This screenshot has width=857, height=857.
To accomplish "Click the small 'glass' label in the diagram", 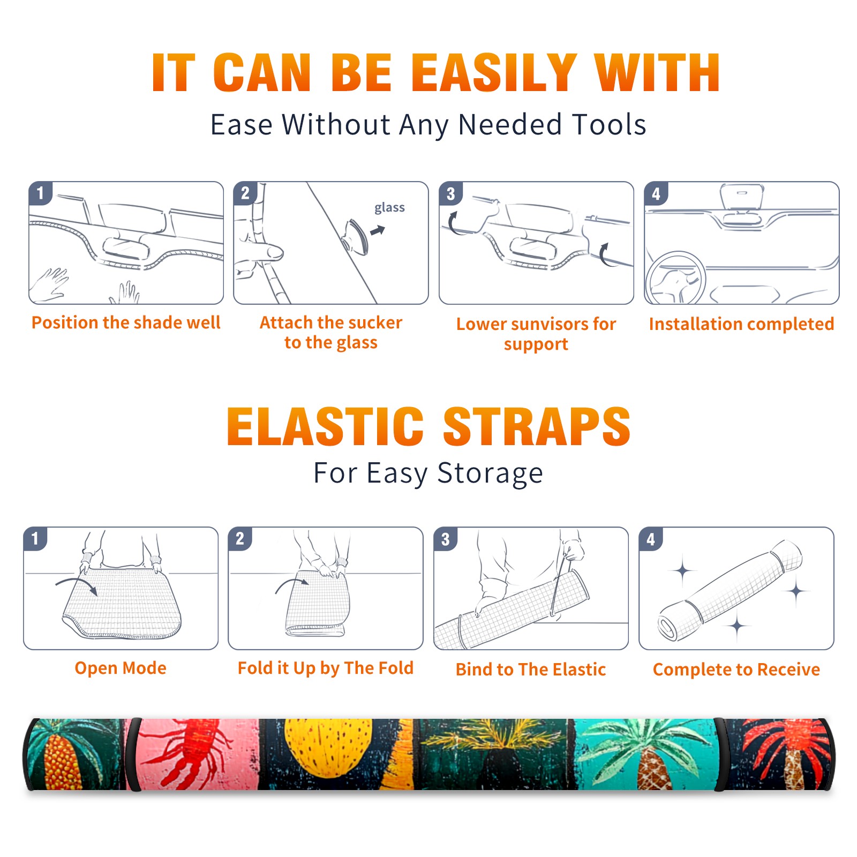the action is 389,208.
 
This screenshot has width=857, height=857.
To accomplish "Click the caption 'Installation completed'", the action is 741,324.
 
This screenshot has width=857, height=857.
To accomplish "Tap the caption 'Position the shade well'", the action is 126,322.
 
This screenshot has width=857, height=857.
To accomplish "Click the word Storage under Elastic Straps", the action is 490,473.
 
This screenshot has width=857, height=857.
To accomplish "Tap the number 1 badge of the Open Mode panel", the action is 35,539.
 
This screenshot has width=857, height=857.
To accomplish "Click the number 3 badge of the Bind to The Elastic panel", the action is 446,539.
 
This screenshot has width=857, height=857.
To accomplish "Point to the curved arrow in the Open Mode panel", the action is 77,583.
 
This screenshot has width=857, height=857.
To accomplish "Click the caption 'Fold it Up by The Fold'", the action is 326,668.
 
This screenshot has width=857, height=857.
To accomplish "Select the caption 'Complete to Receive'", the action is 736,670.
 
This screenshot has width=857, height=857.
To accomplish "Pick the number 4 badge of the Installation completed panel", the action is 656,193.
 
